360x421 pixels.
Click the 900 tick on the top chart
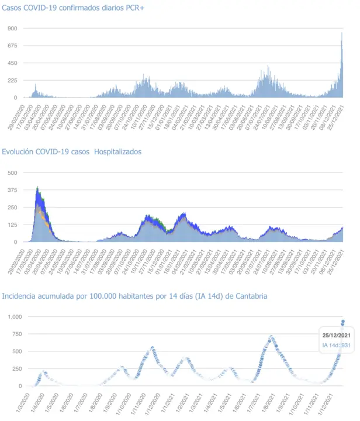pyautogui.click(x=12, y=28)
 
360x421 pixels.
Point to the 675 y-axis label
pyautogui.click(x=12, y=46)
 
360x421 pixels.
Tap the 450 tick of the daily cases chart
pyautogui.click(x=12, y=63)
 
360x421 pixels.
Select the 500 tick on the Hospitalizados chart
pyautogui.click(x=12, y=172)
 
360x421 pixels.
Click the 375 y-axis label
pyautogui.click(x=12, y=189)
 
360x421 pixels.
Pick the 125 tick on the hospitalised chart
pyautogui.click(x=12, y=225)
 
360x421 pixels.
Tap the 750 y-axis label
pyautogui.click(x=14, y=334)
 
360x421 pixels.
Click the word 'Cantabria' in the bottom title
pyautogui.click(x=251, y=296)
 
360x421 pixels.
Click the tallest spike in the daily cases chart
pyautogui.click(x=342, y=33)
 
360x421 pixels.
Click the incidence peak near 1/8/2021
pyautogui.click(x=271, y=336)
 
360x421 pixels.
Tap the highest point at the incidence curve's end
pyautogui.click(x=343, y=321)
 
